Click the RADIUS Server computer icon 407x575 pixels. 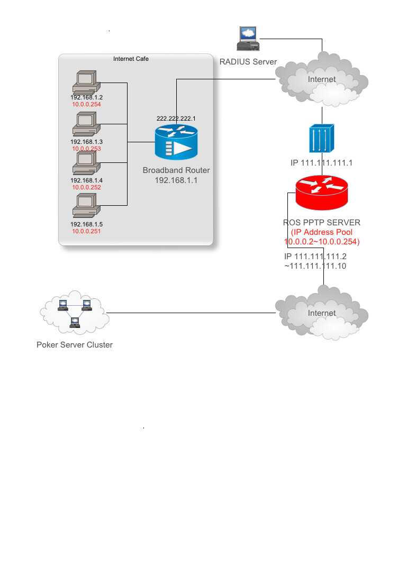(x=247, y=39)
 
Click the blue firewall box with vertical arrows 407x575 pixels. (x=322, y=138)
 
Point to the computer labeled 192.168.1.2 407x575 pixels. (x=86, y=82)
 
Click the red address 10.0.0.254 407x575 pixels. (x=86, y=105)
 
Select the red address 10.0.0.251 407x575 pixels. (x=86, y=232)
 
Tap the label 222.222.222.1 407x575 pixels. (x=176, y=118)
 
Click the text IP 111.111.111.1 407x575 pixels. (x=321, y=162)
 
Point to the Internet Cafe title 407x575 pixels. (x=131, y=59)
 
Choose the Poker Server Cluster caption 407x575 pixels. (x=75, y=345)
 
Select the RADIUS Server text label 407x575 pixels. (x=248, y=62)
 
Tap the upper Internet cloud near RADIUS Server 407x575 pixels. (x=322, y=79)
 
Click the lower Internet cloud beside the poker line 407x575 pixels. (x=322, y=313)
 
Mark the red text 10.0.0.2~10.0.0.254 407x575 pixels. (x=322, y=242)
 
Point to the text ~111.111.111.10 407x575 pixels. (x=315, y=266)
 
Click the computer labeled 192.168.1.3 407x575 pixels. (x=86, y=124)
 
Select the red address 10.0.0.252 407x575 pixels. (x=86, y=187)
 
